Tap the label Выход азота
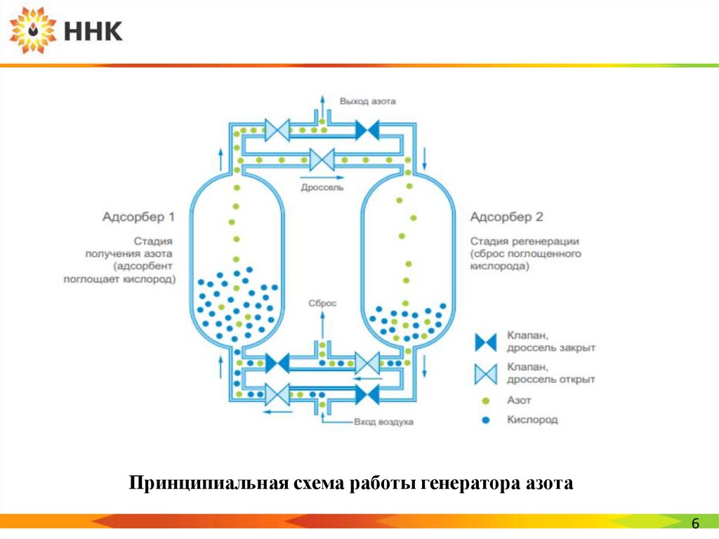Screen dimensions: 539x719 pyautogui.click(x=367, y=100)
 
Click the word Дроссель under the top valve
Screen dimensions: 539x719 pyautogui.click(x=322, y=188)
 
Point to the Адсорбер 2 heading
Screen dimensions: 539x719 pyautogui.click(x=506, y=216)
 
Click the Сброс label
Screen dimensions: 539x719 pyautogui.click(x=322, y=303)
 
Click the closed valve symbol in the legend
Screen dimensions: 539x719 pyautogui.click(x=485, y=342)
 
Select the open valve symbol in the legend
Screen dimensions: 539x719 pyautogui.click(x=485, y=372)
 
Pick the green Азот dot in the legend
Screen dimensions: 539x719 pyautogui.click(x=485, y=401)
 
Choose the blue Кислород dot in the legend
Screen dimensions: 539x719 pyautogui.click(x=485, y=420)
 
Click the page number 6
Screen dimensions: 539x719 pyautogui.click(x=696, y=524)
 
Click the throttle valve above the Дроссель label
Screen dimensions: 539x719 pyautogui.click(x=322, y=159)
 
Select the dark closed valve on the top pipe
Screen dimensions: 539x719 pyautogui.click(x=367, y=130)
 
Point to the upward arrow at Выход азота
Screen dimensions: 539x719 pyautogui.click(x=322, y=102)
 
